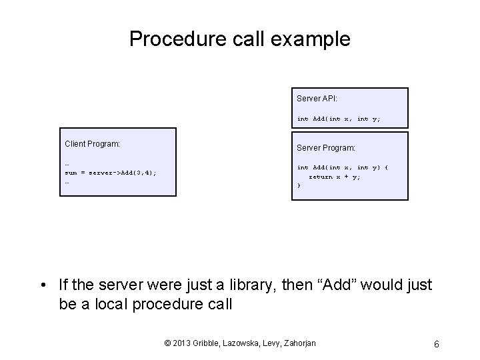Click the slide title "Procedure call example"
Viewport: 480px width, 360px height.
click(239, 39)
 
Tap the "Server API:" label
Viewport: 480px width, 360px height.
click(317, 99)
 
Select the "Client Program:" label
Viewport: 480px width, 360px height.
click(92, 143)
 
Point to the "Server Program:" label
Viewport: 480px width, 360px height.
click(326, 147)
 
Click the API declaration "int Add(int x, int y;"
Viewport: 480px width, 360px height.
click(338, 119)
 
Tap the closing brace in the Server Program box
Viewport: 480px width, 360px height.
click(299, 186)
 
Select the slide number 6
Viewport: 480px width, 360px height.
click(435, 344)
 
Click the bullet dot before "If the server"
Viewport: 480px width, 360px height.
click(43, 286)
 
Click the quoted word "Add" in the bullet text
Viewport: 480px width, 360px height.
click(348, 285)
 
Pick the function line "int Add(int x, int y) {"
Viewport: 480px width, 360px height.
click(342, 167)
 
